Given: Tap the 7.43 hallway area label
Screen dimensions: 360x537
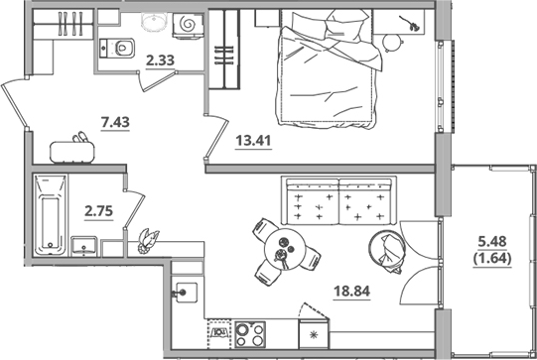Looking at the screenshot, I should pos(115,122).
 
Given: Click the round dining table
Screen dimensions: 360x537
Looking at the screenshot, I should pos(283,250).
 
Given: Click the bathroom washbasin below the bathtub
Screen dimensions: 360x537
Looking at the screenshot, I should pos(83,244).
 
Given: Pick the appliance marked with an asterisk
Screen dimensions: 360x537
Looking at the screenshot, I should pos(316,334).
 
